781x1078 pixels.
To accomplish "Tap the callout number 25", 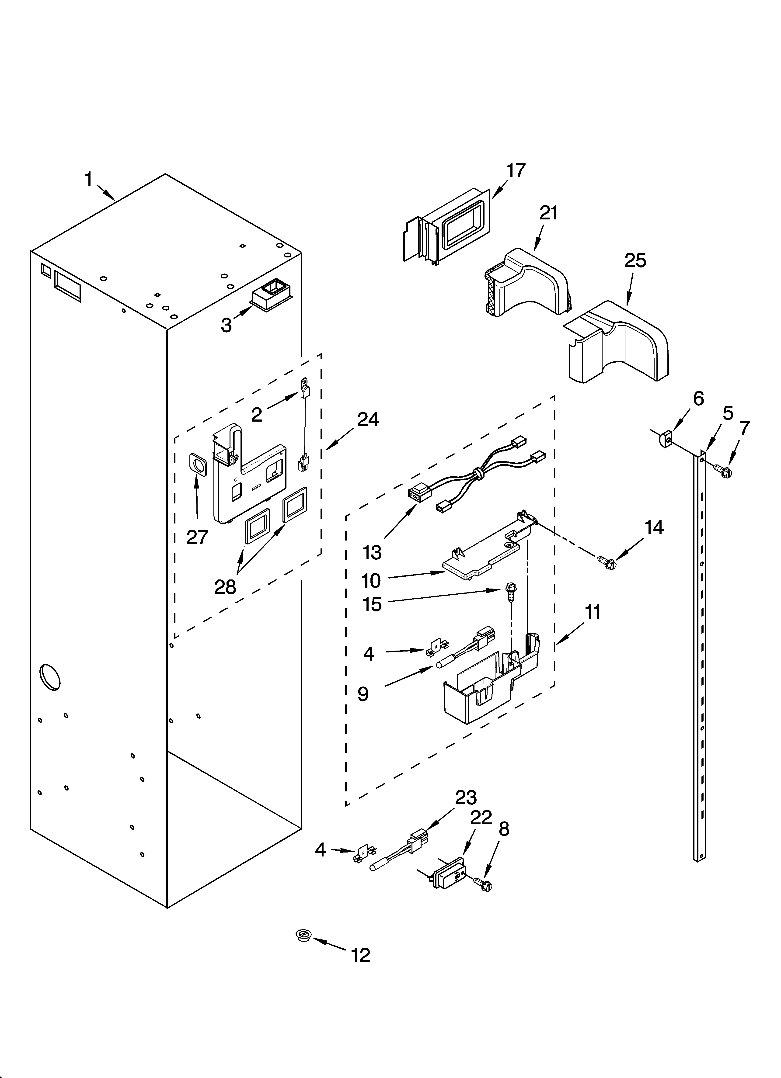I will [x=635, y=261].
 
